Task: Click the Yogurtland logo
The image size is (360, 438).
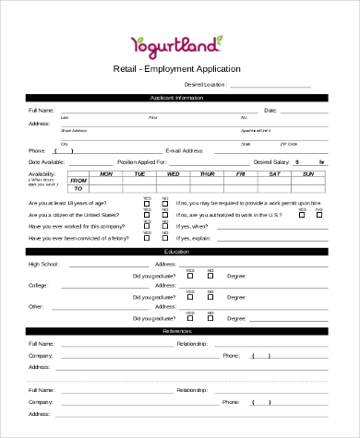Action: (177, 42)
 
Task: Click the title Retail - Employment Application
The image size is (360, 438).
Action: (176, 69)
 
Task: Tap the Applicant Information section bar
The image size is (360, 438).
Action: (176, 97)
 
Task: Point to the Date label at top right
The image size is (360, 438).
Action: (270, 110)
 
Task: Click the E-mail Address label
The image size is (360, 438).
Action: (184, 149)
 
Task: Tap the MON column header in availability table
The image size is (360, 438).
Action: (106, 173)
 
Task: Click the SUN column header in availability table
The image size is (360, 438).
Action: (308, 173)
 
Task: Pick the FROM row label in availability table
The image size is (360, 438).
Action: (78, 181)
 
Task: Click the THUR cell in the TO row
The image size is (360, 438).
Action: (208, 188)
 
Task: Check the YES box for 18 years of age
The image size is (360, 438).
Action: (147, 202)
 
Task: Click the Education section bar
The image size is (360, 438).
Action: (176, 251)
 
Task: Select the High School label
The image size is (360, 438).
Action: (43, 264)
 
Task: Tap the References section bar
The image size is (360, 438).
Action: (176, 329)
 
